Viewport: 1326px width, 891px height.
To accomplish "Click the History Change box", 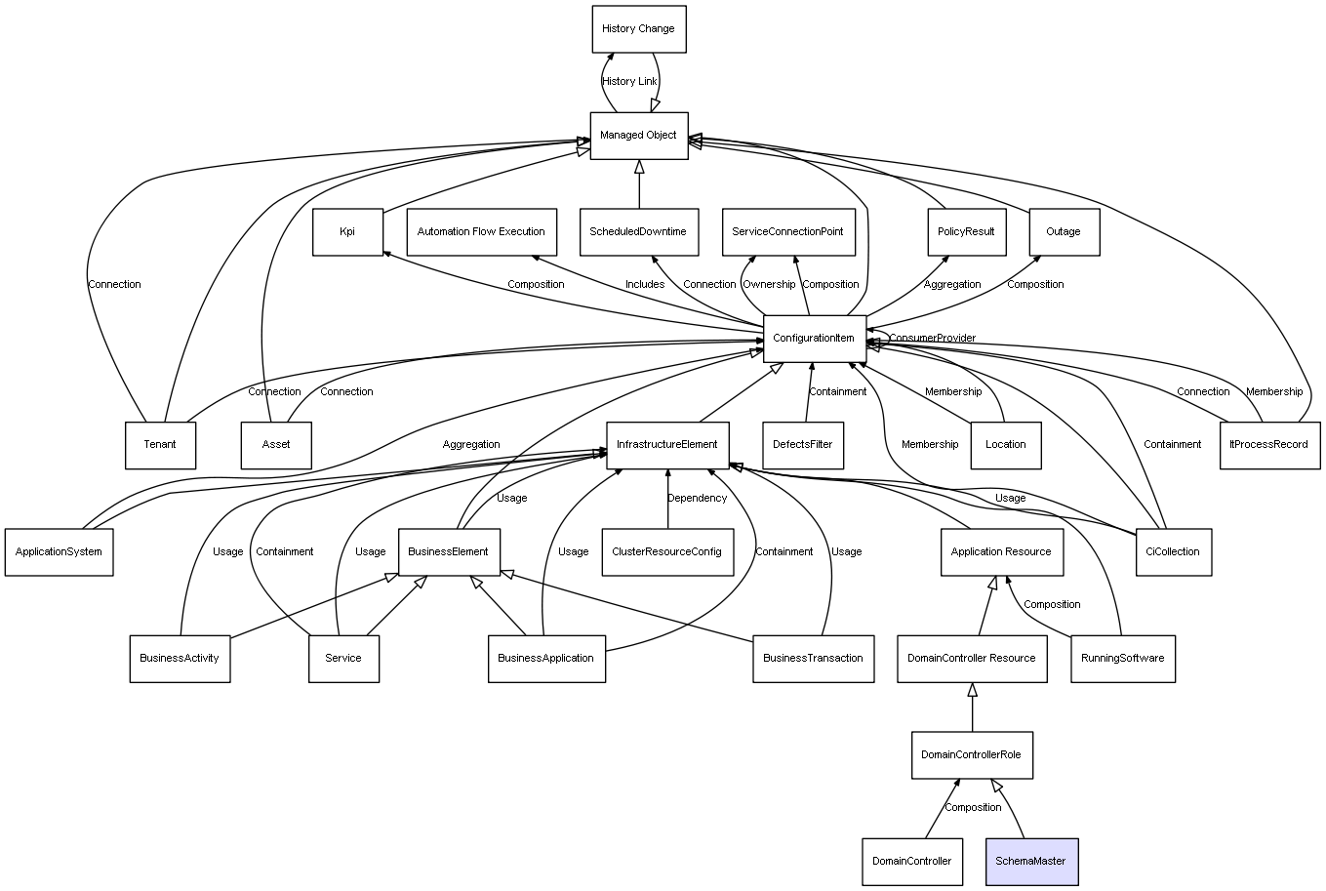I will point(638,29).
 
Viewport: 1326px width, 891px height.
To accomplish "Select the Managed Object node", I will point(638,135).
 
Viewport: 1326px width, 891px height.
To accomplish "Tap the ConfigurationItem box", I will point(814,338).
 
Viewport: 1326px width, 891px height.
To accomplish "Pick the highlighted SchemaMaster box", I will point(1030,861).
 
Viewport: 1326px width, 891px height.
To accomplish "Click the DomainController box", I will point(911,861).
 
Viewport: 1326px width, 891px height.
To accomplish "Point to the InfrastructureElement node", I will point(666,445).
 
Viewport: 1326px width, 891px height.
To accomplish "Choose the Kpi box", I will point(347,232).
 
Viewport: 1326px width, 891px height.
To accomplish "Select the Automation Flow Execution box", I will point(481,232).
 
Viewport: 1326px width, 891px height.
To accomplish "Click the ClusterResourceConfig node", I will point(666,551).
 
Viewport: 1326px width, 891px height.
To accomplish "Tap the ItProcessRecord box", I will point(1268,445).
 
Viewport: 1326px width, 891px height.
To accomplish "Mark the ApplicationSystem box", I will point(59,551).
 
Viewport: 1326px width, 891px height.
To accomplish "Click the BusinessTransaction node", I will point(813,658).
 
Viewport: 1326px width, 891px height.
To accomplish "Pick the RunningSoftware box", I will point(1122,658).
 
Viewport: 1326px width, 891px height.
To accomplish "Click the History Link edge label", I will point(629,81).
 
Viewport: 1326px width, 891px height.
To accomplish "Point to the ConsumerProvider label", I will point(932,339).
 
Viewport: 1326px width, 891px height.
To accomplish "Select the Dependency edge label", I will point(697,498).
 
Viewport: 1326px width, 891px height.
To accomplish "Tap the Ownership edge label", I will point(769,285).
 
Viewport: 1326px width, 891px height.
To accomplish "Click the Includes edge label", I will point(645,285).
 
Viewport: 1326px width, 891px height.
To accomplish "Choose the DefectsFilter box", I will point(803,445).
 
